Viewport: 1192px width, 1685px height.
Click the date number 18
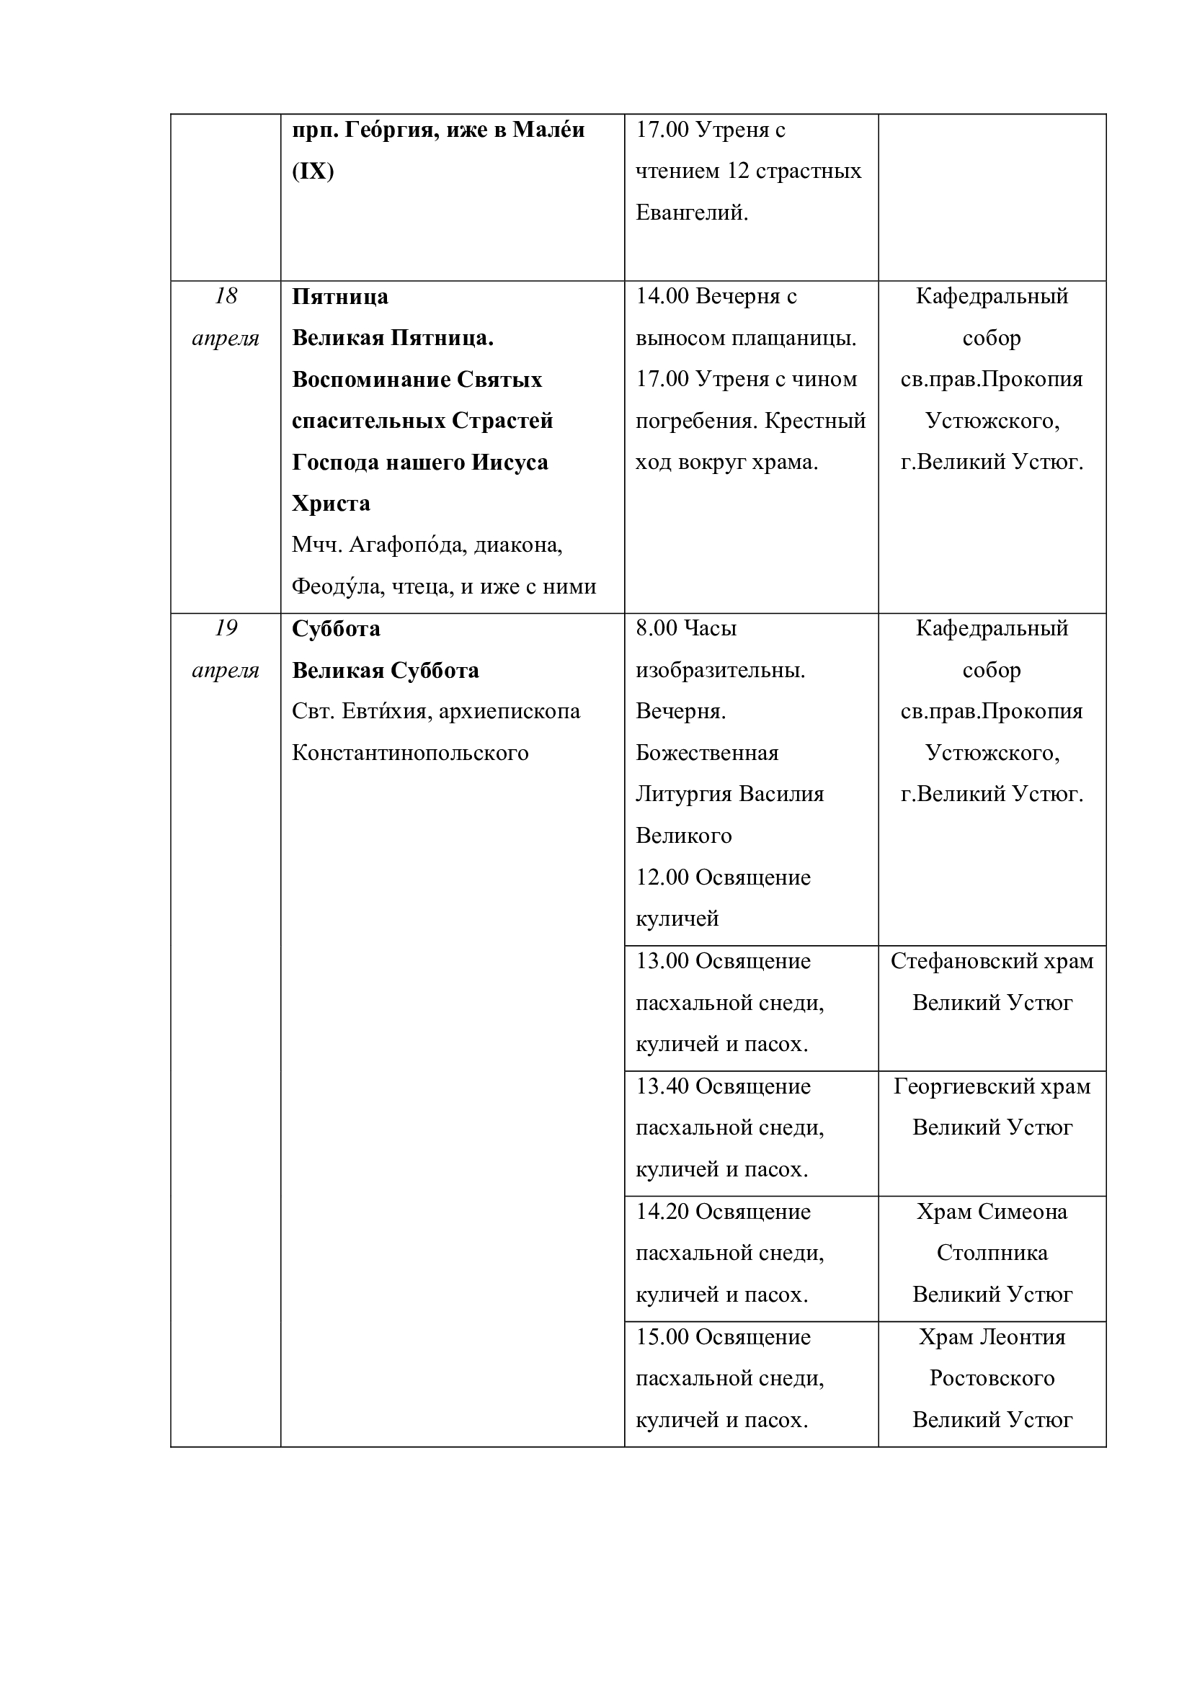coord(226,297)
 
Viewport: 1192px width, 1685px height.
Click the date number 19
coord(226,628)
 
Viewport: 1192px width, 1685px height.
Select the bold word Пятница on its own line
coord(340,298)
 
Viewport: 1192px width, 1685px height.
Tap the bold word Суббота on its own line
coord(336,629)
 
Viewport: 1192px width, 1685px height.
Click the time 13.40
coord(662,1086)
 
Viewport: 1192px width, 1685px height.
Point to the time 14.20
coord(662,1212)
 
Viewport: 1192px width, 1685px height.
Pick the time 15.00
coord(662,1337)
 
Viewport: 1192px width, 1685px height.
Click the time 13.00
coord(662,962)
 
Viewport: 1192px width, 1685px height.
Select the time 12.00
coord(662,877)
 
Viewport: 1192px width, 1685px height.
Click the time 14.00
coord(662,297)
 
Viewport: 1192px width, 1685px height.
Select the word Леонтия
coord(1023,1337)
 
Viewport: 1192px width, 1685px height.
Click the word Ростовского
coord(992,1378)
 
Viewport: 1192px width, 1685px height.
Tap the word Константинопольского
coord(410,754)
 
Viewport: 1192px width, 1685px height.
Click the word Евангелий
coord(691,213)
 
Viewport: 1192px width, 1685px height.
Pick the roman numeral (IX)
coord(313,171)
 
